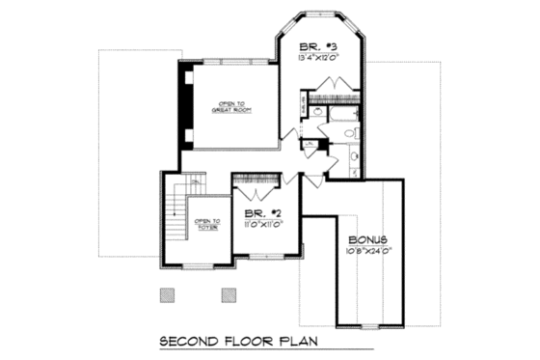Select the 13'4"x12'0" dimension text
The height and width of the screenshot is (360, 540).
(x=318, y=56)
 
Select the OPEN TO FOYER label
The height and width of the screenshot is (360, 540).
(x=207, y=223)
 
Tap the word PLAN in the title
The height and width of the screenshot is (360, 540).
(x=297, y=341)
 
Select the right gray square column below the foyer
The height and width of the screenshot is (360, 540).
(x=228, y=294)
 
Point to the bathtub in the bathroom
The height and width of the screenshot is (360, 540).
(x=342, y=115)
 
